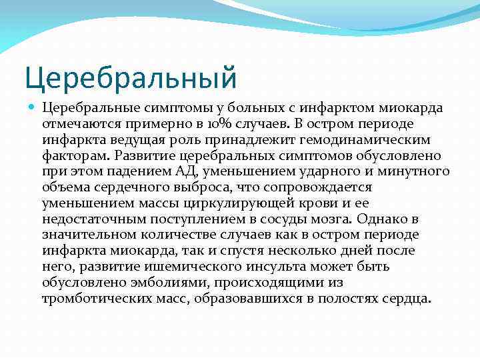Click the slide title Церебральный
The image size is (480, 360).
click(x=131, y=77)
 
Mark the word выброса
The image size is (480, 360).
click(x=201, y=187)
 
